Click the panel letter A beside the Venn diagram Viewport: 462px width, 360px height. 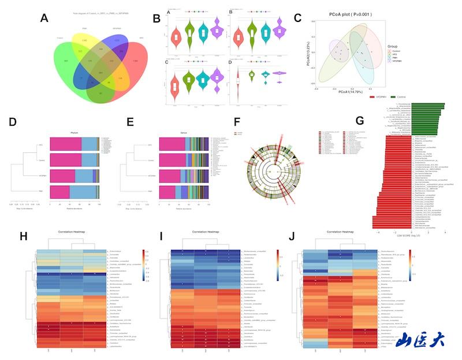point(44,18)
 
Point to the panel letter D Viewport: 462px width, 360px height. point(12,123)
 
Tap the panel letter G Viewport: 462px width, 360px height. point(360,121)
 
